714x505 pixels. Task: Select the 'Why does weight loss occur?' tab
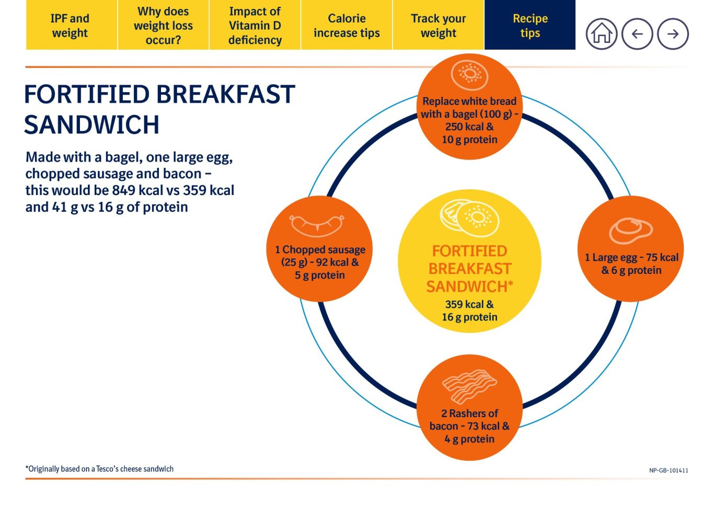click(163, 25)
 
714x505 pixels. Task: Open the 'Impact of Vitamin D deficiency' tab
click(255, 25)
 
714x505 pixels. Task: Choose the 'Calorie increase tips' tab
click(347, 25)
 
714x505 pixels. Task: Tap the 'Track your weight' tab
click(439, 25)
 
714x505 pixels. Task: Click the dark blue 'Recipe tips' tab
click(530, 25)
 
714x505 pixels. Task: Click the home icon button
click(602, 34)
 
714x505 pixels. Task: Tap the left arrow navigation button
click(637, 34)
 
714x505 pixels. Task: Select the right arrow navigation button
click(673, 34)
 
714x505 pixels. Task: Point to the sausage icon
click(317, 225)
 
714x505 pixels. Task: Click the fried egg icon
click(631, 231)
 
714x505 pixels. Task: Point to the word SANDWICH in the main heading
click(91, 124)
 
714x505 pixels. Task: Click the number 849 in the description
click(124, 190)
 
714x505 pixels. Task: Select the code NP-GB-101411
click(669, 470)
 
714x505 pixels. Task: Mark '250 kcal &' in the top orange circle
click(469, 127)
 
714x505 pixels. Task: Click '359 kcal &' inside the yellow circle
click(469, 304)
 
